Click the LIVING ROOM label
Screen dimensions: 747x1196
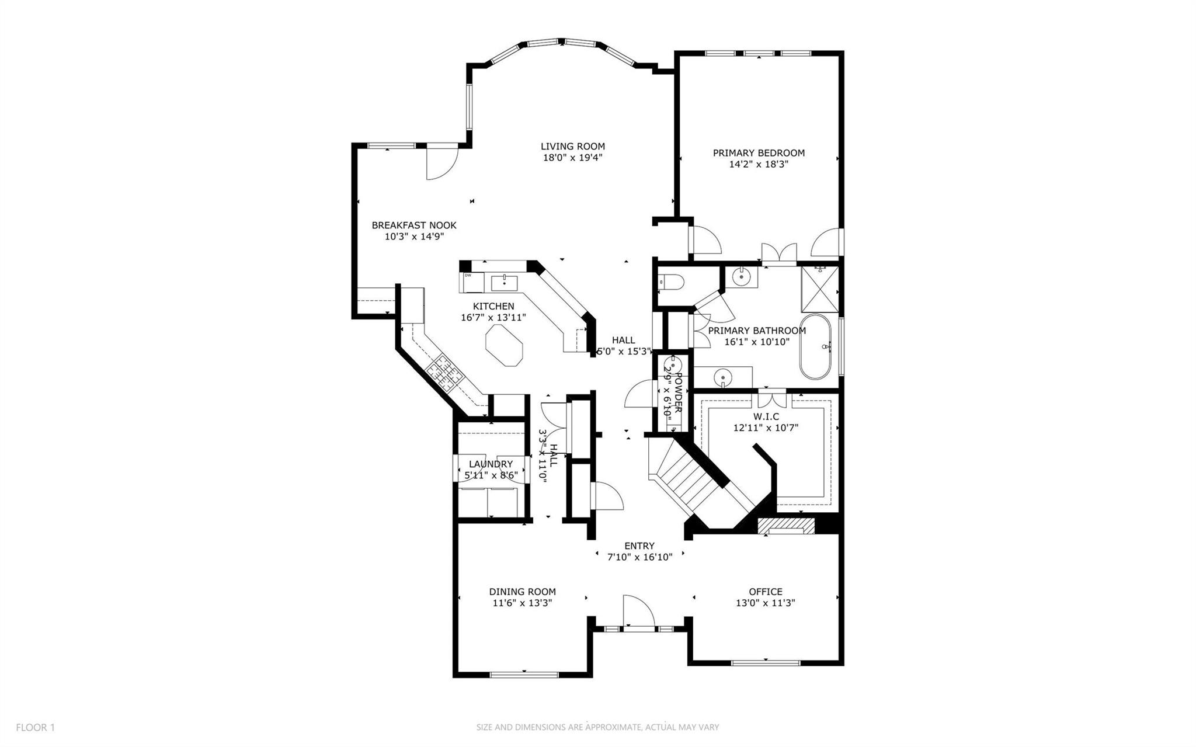(572, 147)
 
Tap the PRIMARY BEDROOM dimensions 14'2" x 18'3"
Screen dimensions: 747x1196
(759, 165)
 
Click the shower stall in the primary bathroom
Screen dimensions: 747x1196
(820, 289)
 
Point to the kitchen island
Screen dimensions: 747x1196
(505, 345)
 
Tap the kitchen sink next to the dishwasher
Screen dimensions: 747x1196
(504, 283)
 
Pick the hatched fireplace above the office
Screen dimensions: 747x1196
(785, 525)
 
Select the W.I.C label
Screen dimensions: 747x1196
(766, 416)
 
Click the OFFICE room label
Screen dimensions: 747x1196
(765, 592)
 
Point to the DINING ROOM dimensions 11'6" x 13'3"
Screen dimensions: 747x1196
(522, 603)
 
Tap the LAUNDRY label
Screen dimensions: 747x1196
(491, 464)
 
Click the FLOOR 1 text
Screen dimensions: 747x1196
(35, 727)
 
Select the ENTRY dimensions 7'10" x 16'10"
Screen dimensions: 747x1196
(639, 557)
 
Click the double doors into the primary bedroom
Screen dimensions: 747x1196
(778, 253)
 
